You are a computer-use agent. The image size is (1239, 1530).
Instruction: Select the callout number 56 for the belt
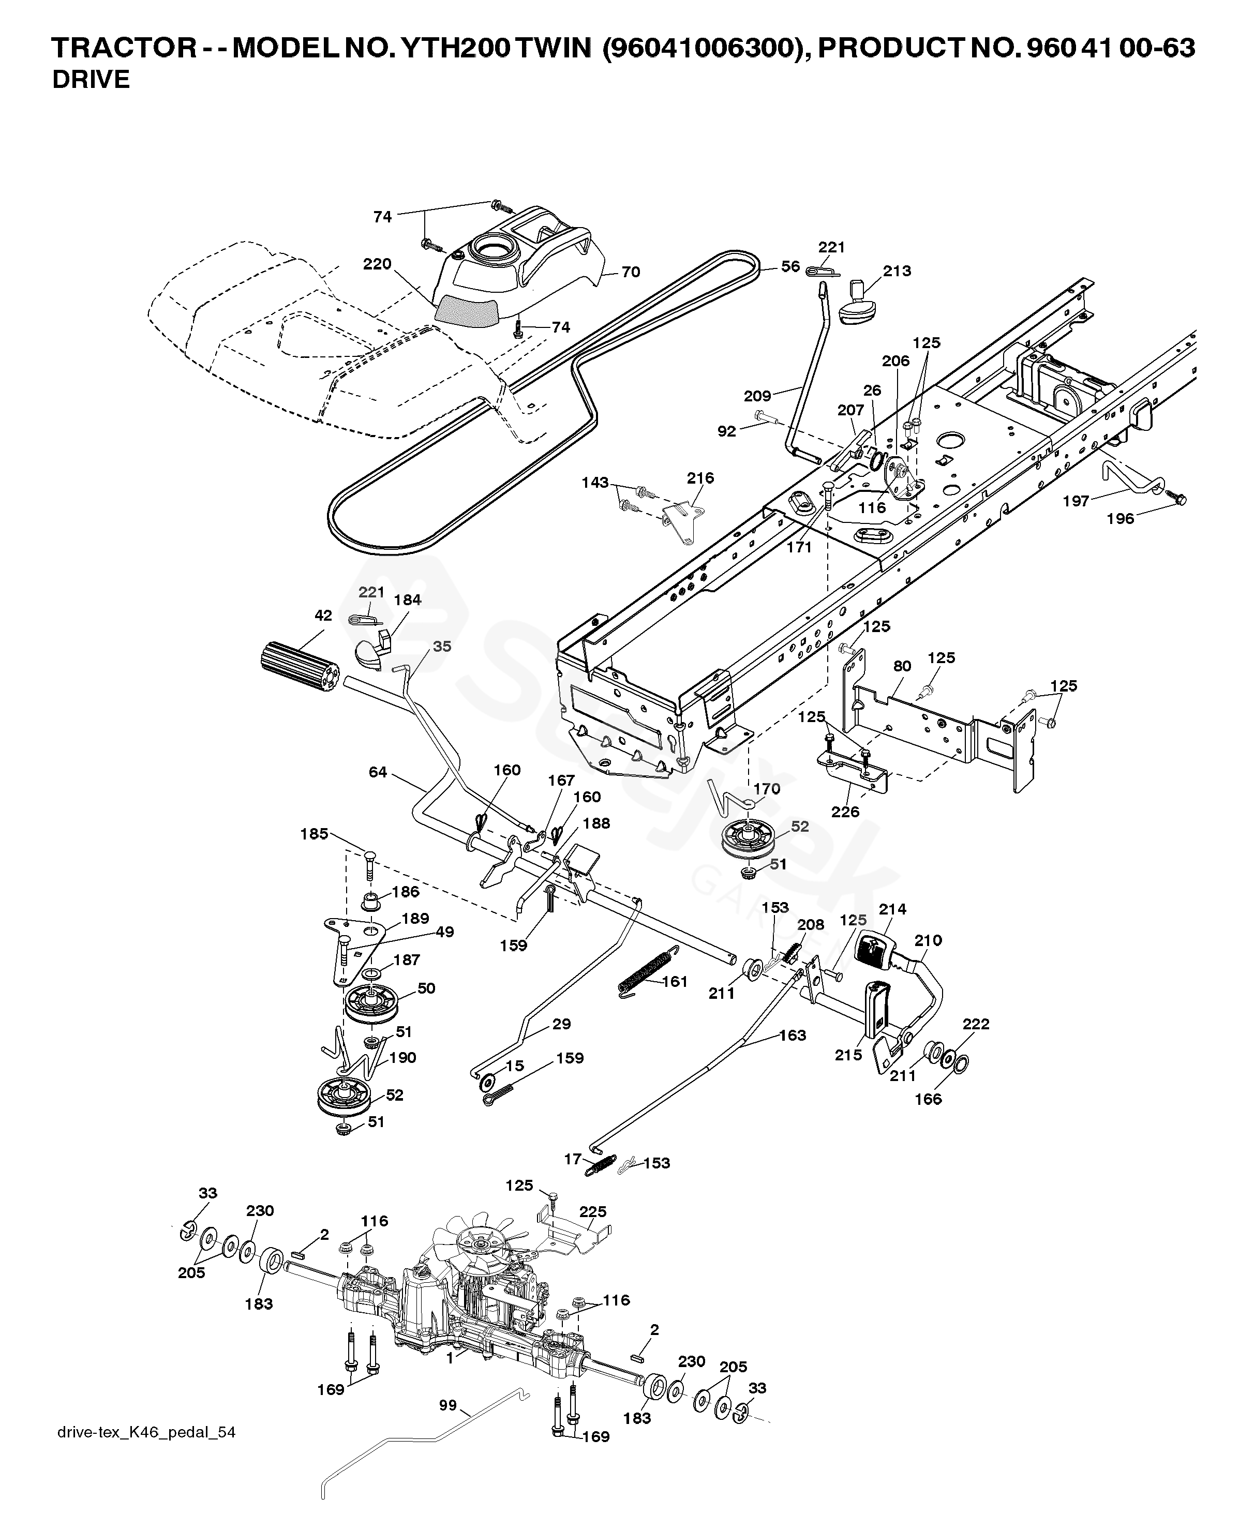tap(790, 266)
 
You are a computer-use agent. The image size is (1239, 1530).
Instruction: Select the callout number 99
tap(447, 1405)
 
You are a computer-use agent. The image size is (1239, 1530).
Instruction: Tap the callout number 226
tap(846, 812)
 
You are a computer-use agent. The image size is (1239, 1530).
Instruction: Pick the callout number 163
tap(793, 1035)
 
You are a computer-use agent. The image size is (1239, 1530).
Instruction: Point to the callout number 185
tap(314, 833)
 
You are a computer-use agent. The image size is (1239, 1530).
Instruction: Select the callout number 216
tap(700, 478)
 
